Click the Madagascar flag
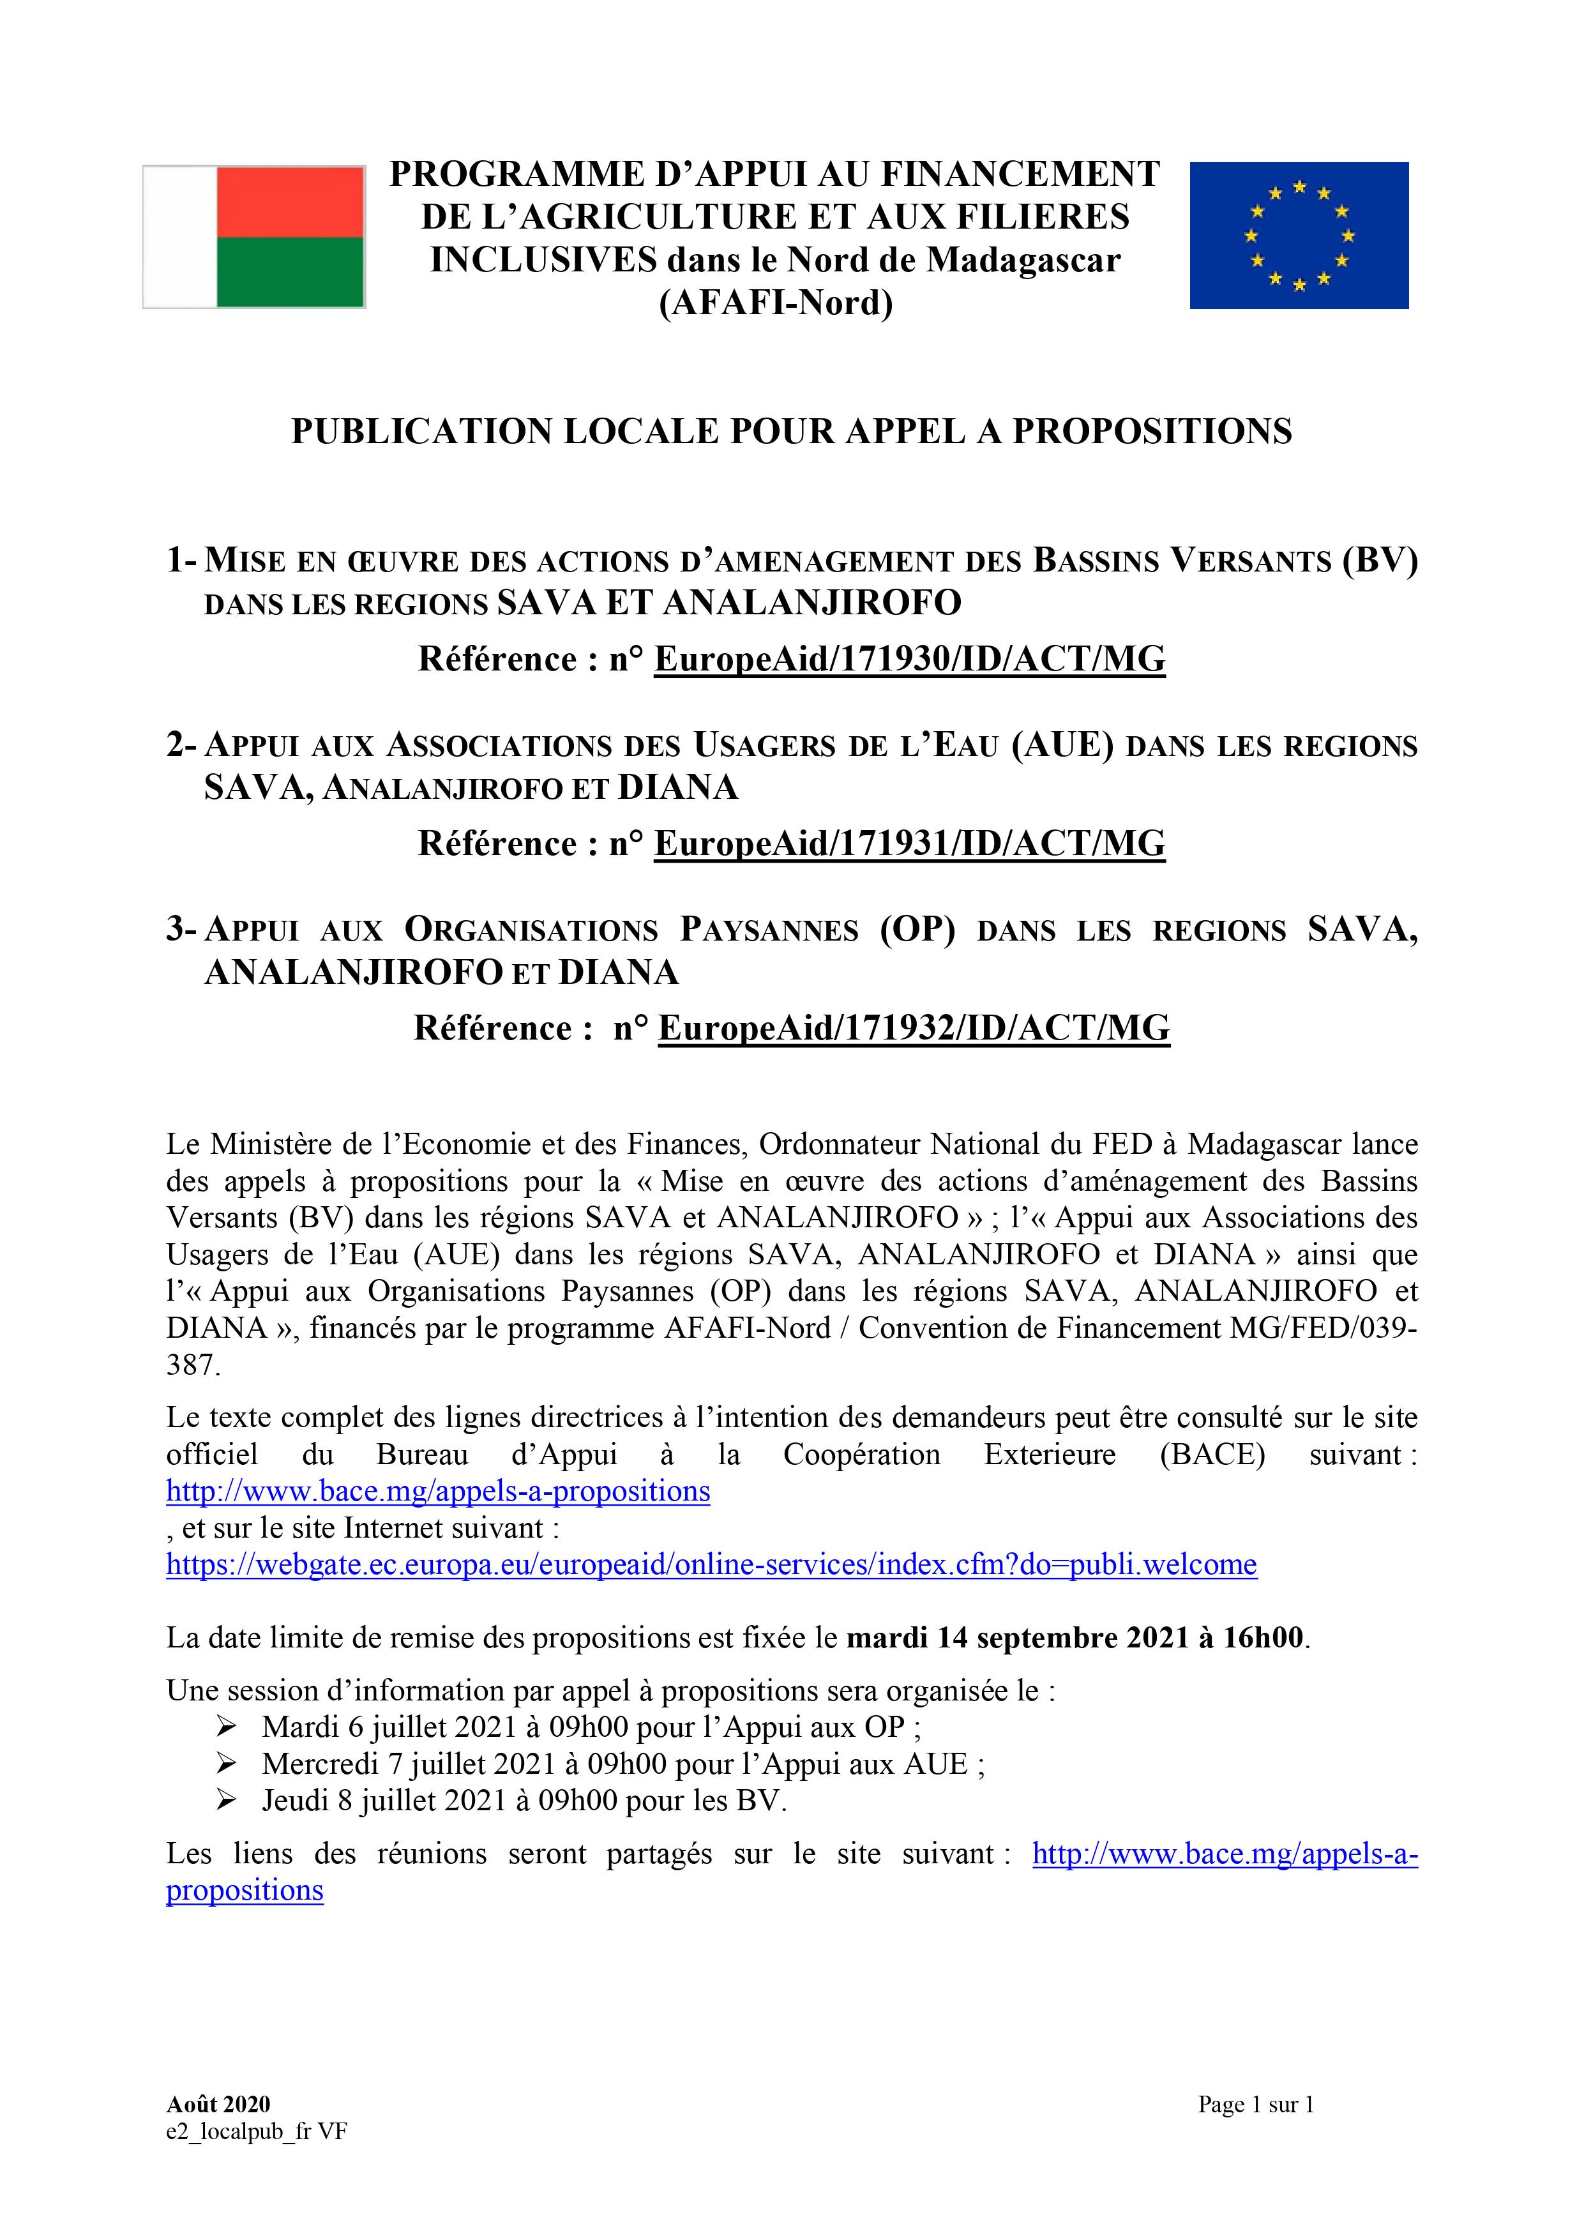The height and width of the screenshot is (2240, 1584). (253, 237)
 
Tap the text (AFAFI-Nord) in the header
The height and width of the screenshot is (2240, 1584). (776, 303)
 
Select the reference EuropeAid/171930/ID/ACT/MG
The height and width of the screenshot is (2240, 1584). (909, 660)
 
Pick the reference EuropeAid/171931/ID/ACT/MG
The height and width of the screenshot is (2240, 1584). (909, 844)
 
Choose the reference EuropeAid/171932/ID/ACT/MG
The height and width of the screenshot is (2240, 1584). (914, 1028)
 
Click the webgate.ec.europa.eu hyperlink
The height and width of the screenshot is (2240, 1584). (711, 1565)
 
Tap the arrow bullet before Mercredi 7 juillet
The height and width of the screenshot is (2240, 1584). (226, 1764)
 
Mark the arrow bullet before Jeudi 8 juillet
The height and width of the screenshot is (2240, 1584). (226, 1800)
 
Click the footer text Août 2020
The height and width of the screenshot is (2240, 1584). (218, 2105)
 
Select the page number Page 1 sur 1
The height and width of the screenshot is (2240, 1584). (1255, 2105)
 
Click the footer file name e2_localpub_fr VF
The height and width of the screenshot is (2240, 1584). (257, 2131)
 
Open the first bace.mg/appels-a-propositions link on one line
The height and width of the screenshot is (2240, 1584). (438, 1492)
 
